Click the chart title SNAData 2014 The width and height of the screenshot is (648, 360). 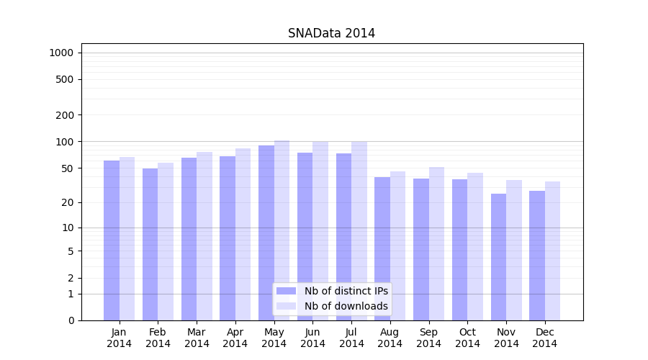tap(331, 33)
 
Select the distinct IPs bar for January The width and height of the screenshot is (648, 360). tap(112, 240)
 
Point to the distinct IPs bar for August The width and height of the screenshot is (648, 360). tap(382, 248)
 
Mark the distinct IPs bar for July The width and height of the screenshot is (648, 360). tap(343, 237)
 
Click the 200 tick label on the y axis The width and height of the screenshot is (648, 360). tap(66, 115)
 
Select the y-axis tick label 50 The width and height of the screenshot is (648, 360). tap(68, 168)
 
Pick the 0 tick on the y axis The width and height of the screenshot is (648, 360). tap(71, 320)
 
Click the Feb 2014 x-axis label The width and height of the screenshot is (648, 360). tap(158, 338)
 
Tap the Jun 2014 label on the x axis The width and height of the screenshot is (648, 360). tap(312, 338)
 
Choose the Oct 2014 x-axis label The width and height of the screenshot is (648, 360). tap(467, 338)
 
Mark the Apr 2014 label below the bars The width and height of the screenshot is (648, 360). tap(235, 338)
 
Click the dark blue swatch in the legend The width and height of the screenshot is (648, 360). tap(286, 291)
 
